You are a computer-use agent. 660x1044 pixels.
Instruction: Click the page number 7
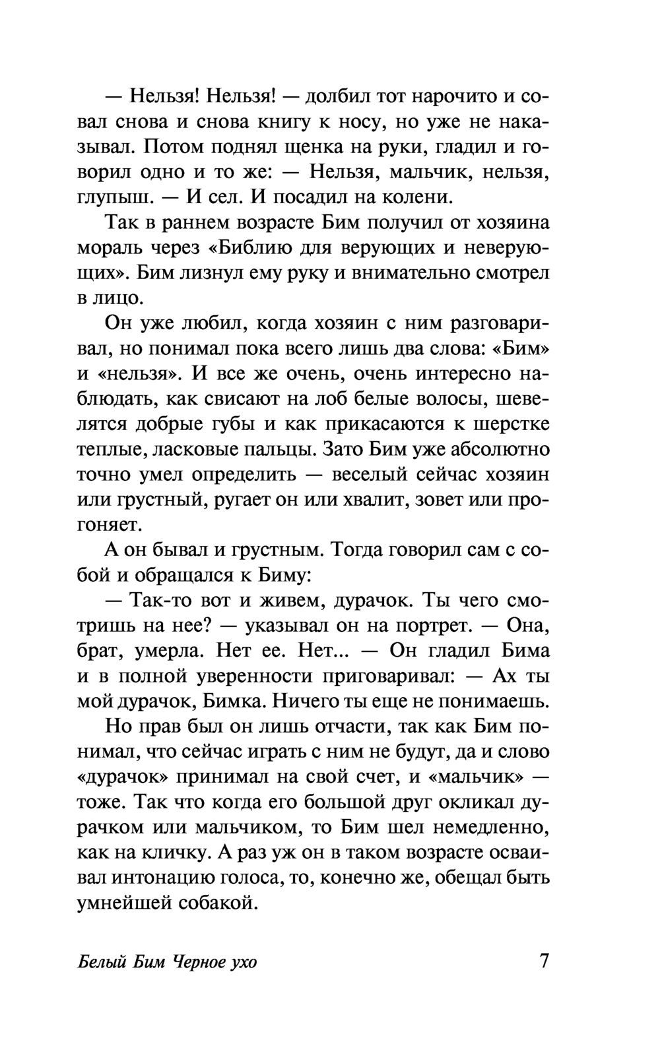(x=543, y=960)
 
